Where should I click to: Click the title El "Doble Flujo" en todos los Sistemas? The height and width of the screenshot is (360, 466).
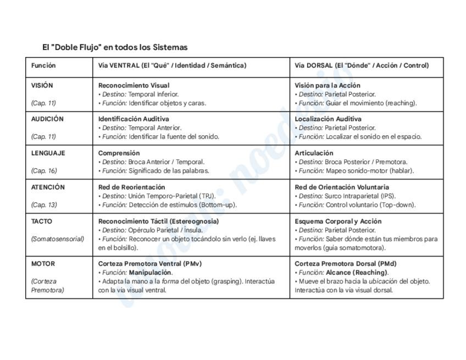(x=115, y=47)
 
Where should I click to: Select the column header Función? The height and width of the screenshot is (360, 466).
(x=43, y=65)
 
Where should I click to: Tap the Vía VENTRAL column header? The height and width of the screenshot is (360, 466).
(x=172, y=65)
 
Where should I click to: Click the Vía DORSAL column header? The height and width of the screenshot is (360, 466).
(x=361, y=65)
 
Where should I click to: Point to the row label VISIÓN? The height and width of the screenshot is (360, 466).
(x=42, y=85)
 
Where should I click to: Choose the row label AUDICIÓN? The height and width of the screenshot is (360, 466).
(x=47, y=119)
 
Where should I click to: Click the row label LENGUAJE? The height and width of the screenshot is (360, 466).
(x=48, y=153)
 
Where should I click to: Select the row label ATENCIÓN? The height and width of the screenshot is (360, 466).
(x=48, y=187)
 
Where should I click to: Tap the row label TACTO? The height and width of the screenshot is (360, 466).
(x=42, y=221)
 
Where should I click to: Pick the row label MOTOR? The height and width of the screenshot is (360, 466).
(x=43, y=263)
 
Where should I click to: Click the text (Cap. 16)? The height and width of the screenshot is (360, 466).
(x=44, y=170)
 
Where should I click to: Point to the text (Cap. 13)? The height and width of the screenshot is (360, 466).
(x=44, y=204)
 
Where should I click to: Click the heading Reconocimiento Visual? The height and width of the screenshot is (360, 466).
(x=134, y=85)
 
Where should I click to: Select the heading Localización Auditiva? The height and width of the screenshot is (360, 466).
(x=328, y=119)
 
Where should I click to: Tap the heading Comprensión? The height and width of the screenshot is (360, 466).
(x=119, y=153)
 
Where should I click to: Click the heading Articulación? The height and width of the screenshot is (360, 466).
(x=314, y=153)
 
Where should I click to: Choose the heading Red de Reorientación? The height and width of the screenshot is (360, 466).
(x=131, y=187)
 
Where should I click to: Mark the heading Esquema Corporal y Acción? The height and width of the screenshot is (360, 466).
(x=337, y=221)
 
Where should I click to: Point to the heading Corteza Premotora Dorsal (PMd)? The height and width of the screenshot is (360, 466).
(x=345, y=263)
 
